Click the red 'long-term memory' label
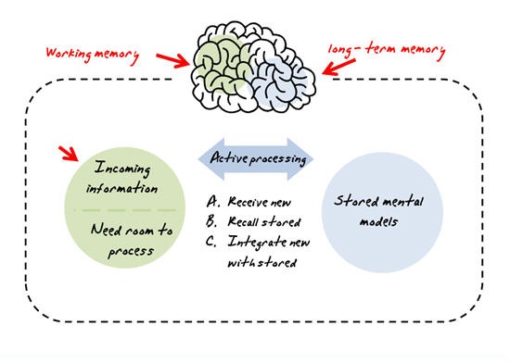[x=389, y=49]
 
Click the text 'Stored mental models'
[x=374, y=210]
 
